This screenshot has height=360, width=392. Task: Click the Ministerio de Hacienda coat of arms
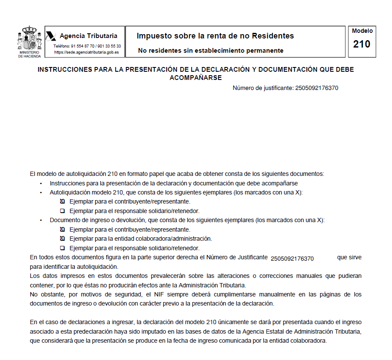29,38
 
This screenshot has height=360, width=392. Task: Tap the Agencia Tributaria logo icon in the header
51,35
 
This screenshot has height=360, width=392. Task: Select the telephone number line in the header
87,46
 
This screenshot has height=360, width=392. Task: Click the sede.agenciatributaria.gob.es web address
87,52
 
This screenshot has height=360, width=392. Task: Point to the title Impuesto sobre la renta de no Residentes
215,36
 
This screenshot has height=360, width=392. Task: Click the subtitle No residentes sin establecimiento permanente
211,51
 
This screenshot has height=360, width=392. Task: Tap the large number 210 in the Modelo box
362,44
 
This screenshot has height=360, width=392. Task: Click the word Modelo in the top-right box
362,31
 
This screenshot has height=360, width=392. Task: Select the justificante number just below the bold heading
316,88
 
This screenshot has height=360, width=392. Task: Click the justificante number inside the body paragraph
292,258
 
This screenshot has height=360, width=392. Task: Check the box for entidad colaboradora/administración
62,239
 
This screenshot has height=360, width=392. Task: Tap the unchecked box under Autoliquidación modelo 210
62,211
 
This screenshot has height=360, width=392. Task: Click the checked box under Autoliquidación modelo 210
62,201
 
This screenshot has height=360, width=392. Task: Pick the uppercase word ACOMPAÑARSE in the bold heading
196,78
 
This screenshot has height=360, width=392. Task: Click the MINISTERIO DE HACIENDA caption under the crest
29,54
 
